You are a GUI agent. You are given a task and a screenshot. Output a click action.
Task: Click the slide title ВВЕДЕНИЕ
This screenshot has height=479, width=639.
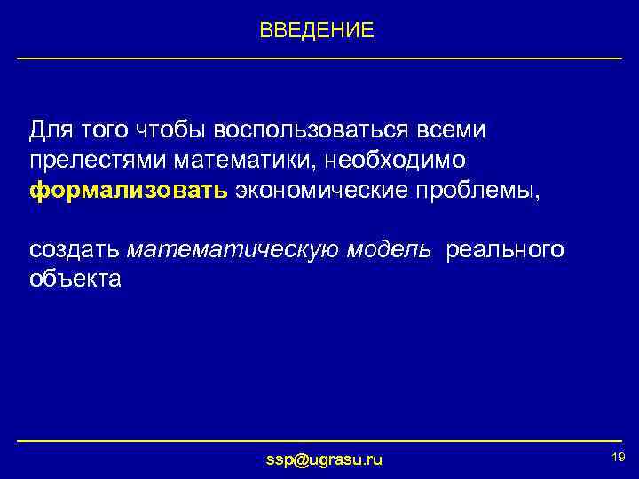[317, 31]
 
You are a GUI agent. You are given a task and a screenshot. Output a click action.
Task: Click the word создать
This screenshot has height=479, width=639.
[75, 249]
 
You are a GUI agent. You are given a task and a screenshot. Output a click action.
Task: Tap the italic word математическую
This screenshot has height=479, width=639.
[227, 249]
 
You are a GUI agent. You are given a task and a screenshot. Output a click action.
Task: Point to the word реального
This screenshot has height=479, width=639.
[504, 249]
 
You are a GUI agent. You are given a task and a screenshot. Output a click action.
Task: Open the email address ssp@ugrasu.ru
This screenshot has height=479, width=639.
[325, 459]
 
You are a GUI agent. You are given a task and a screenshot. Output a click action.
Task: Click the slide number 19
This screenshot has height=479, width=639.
[619, 456]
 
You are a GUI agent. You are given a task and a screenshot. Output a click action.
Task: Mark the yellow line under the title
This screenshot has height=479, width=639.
[319, 59]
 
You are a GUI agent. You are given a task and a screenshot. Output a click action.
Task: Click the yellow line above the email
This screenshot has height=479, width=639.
[319, 441]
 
